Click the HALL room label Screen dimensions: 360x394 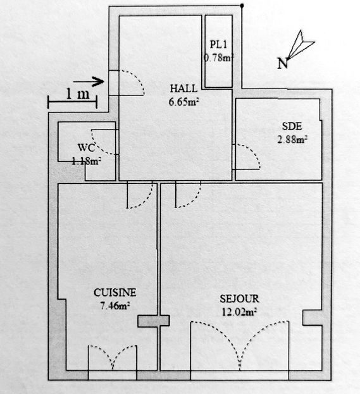pyautogui.click(x=183, y=89)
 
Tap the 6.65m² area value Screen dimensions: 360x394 pyautogui.click(x=183, y=102)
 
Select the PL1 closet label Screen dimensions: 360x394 pyautogui.click(x=218, y=45)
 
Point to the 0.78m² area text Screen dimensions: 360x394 pyautogui.click(x=218, y=58)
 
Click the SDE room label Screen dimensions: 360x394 pyautogui.click(x=292, y=126)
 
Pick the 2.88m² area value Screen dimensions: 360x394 pyautogui.click(x=292, y=140)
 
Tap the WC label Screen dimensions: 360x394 pyautogui.click(x=87, y=147)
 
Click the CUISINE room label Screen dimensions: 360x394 pyautogui.click(x=115, y=293)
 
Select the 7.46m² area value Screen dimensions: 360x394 pyautogui.click(x=115, y=306)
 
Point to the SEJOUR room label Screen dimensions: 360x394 pyautogui.click(x=239, y=299)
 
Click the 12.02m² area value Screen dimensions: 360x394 pyautogui.click(x=239, y=312)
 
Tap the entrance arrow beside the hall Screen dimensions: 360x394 pyautogui.click(x=89, y=82)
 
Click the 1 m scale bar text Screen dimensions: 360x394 pyautogui.click(x=78, y=94)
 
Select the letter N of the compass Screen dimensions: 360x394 pyautogui.click(x=283, y=63)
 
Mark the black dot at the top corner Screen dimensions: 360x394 pyautogui.click(x=242, y=5)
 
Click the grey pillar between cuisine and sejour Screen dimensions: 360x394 pyautogui.click(x=153, y=321)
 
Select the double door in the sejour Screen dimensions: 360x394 pyautogui.click(x=240, y=345)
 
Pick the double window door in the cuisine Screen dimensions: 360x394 pyautogui.click(x=113, y=357)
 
